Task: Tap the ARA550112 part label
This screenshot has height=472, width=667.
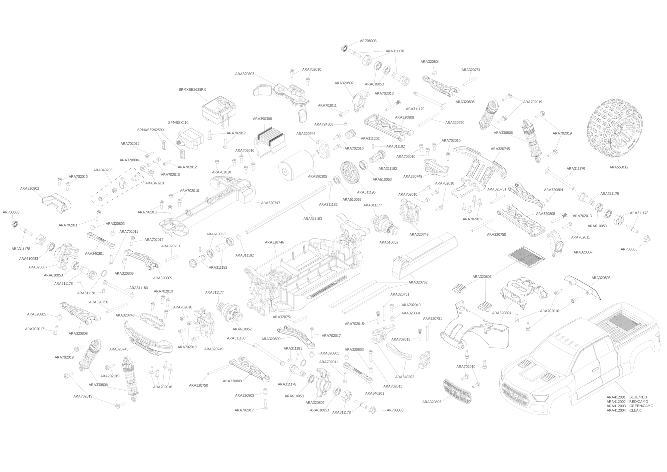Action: click(619, 167)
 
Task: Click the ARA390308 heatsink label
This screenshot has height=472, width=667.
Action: click(262, 119)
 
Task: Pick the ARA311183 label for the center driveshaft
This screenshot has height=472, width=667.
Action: click(312, 219)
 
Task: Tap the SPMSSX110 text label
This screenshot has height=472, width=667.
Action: click(178, 123)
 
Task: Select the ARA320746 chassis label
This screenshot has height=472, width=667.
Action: click(274, 242)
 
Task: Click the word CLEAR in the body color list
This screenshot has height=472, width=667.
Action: click(635, 411)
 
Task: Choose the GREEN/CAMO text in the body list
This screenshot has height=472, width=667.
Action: click(641, 406)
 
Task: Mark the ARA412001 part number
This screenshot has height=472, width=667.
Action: click(616, 398)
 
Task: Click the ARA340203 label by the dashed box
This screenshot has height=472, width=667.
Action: click(103, 170)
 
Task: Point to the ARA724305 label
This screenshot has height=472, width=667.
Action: click(323, 125)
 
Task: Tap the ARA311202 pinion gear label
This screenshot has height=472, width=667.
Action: click(370, 139)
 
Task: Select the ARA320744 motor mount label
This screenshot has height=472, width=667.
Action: click(306, 134)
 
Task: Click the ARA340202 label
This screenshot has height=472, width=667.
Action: click(405, 377)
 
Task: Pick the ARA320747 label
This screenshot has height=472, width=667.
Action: click(270, 203)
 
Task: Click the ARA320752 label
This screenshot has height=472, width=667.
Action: click(418, 282)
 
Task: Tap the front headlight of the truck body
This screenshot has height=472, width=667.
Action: click(538, 398)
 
